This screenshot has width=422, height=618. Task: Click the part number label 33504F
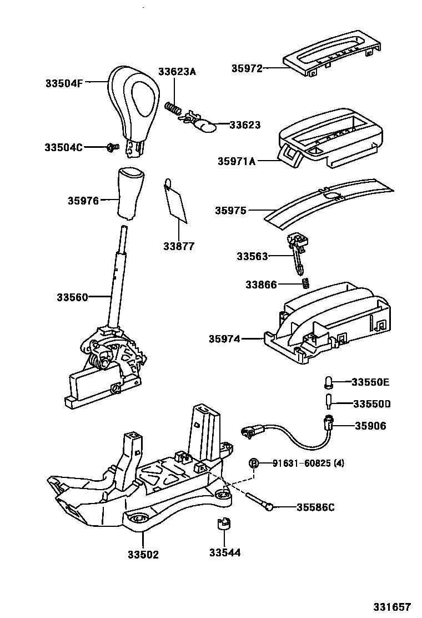pyautogui.click(x=63, y=84)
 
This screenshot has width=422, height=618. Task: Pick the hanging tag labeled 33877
pyautogui.click(x=177, y=203)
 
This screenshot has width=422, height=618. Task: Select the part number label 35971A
pyautogui.click(x=236, y=161)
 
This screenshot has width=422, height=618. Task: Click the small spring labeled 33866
pyautogui.click(x=305, y=284)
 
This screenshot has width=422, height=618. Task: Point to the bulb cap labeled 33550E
pyautogui.click(x=328, y=381)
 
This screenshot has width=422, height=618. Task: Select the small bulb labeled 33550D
pyautogui.click(x=328, y=401)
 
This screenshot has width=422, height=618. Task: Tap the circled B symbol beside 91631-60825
pyautogui.click(x=253, y=463)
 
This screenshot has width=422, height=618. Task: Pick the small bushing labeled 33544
pyautogui.click(x=224, y=524)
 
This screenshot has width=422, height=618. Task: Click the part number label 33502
pyautogui.click(x=143, y=554)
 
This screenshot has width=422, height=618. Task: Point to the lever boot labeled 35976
pyautogui.click(x=129, y=192)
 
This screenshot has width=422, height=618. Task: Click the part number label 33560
pyautogui.click(x=72, y=297)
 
